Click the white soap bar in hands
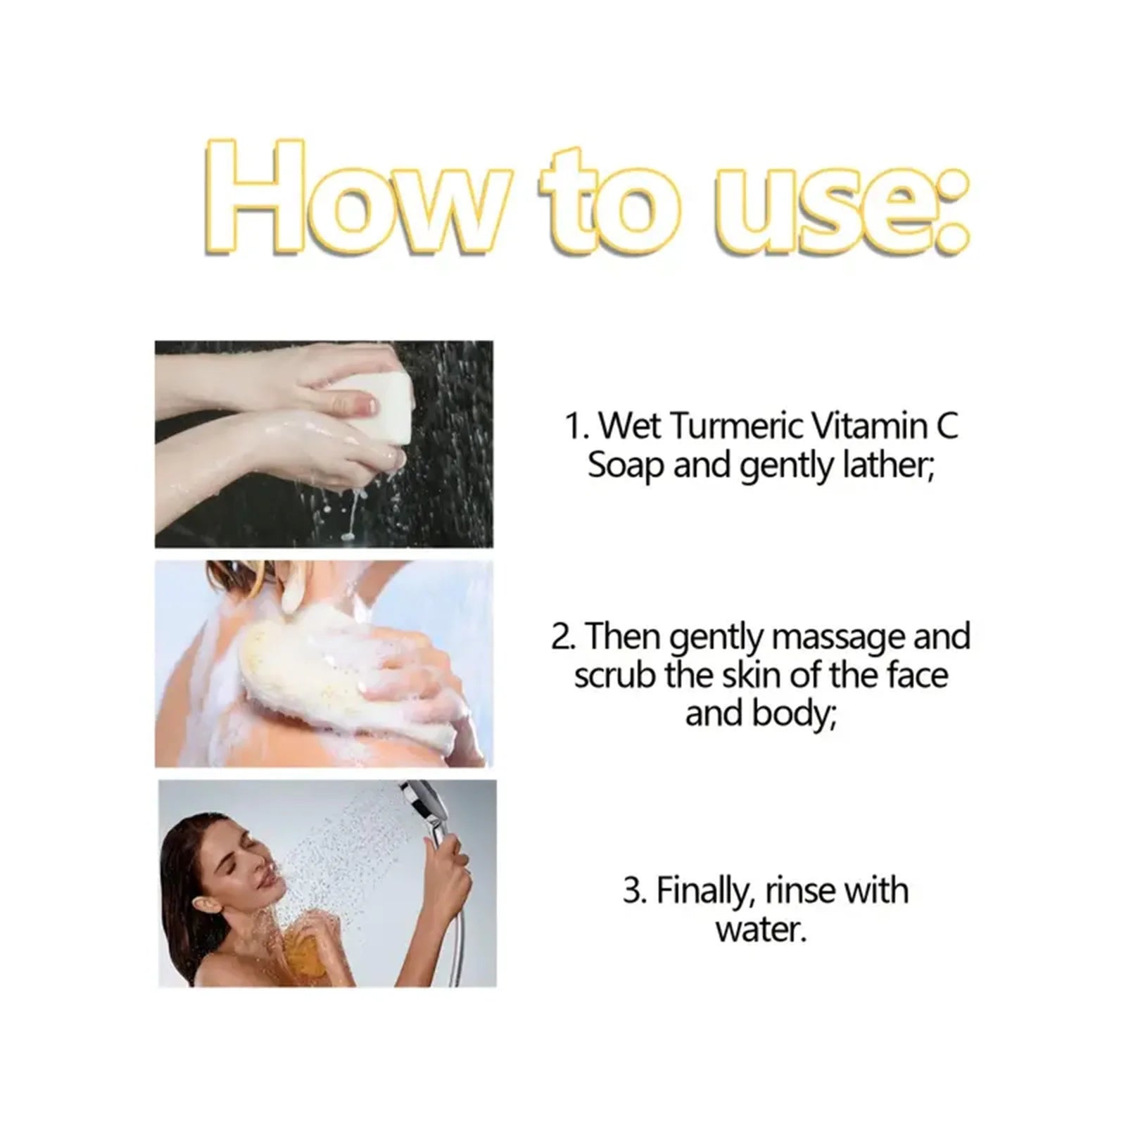coord(373,405)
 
